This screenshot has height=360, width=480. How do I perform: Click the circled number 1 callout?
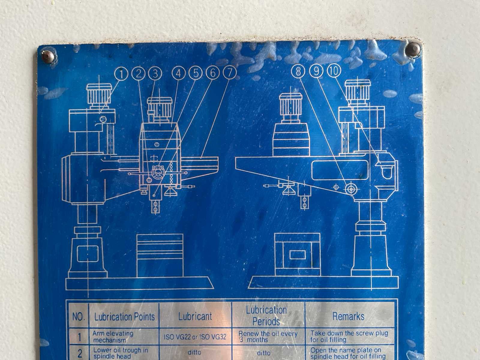[121, 74]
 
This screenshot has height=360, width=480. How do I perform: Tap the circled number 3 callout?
[155, 73]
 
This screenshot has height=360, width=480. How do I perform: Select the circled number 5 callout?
[196, 73]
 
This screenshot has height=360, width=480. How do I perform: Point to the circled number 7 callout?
[229, 72]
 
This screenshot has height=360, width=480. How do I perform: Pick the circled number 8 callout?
[298, 71]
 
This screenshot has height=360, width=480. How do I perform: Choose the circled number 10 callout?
[334, 71]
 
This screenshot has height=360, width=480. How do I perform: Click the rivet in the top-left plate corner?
[48, 56]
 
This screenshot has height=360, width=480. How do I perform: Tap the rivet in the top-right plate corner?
[413, 49]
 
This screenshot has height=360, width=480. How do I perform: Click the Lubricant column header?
[195, 316]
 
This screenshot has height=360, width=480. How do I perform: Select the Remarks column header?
[349, 316]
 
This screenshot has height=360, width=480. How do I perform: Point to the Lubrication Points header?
[124, 317]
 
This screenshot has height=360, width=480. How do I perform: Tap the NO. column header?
[79, 317]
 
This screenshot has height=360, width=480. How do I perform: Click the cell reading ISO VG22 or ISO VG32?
[195, 337]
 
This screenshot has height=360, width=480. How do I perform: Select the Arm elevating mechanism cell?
[113, 337]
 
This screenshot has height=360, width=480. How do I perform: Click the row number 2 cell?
[80, 353]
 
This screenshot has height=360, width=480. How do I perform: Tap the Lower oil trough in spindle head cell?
[121, 353]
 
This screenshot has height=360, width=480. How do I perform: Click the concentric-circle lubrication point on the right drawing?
[350, 189]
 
